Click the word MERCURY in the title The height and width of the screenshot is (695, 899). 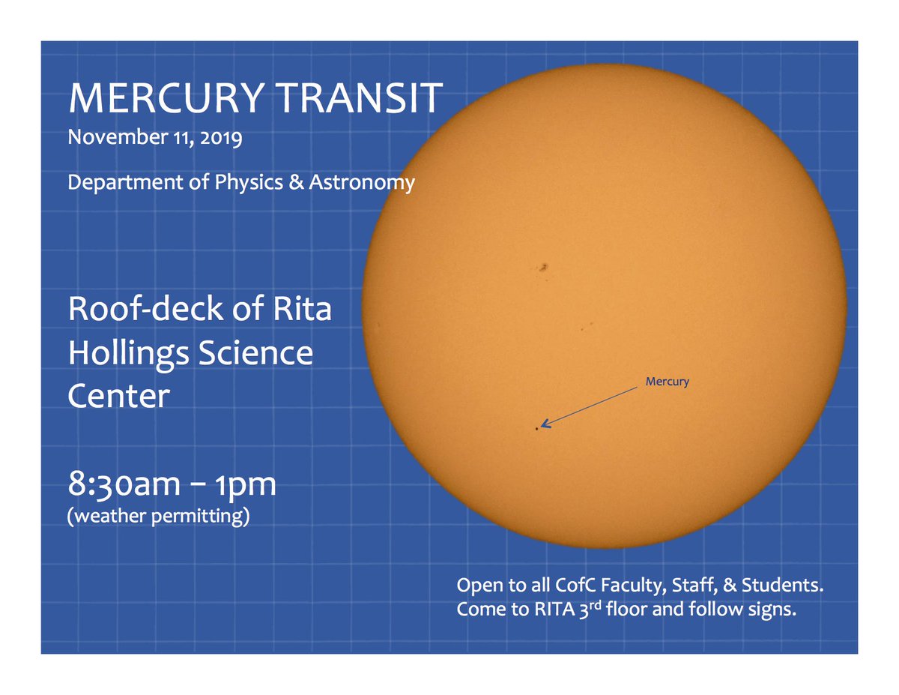tap(158, 98)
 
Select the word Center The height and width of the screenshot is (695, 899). tap(118, 395)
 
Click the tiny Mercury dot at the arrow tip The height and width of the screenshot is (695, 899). tap(536, 428)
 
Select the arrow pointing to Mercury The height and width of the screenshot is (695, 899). tap(592, 406)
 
